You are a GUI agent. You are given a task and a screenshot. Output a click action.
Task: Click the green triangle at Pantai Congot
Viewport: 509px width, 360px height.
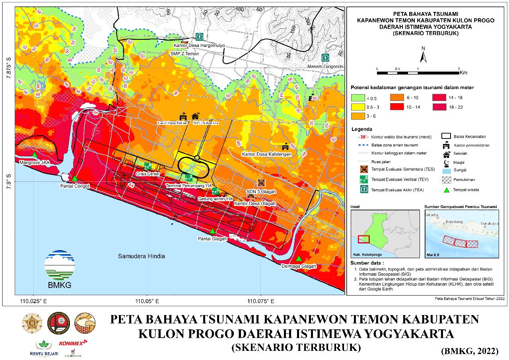click(x=74, y=178)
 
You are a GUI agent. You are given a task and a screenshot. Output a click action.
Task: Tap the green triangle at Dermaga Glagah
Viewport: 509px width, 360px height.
click(x=299, y=259)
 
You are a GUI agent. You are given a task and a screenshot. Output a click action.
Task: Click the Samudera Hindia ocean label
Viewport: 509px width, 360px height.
click(x=141, y=256)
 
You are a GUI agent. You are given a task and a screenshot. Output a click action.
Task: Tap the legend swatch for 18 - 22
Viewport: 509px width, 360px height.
click(x=440, y=107)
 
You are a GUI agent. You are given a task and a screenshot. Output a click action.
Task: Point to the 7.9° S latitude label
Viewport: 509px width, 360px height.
click(x=9, y=181)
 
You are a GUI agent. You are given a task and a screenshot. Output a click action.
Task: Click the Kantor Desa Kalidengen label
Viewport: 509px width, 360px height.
click(x=266, y=154)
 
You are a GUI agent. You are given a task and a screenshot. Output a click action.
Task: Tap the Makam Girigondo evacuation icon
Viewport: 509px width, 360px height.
click(x=325, y=57)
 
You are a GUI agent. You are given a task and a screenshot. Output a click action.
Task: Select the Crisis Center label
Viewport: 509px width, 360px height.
click(x=148, y=174)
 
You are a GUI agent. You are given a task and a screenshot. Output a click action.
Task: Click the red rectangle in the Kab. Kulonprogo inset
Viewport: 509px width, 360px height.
click(x=363, y=239)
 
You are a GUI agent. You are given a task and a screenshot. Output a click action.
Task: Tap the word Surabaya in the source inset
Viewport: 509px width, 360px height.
click(x=489, y=224)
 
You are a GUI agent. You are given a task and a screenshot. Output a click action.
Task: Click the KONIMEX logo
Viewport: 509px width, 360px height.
click(x=73, y=342)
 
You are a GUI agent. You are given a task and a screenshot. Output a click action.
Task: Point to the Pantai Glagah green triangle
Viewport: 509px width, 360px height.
click(x=212, y=231)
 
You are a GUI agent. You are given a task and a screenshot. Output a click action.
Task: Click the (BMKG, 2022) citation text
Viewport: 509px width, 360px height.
click(x=470, y=351)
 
